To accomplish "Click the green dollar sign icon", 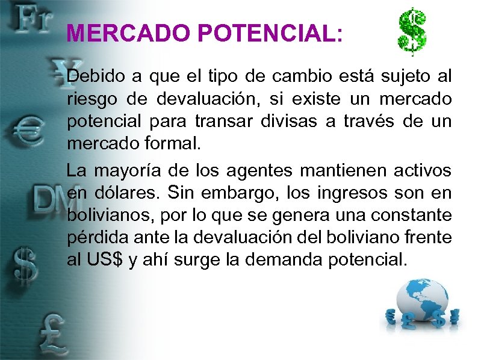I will click(x=412, y=31).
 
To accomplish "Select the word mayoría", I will click(x=131, y=170).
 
